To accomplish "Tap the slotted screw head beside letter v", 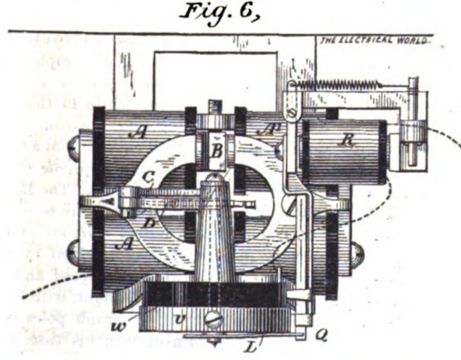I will click(215, 317).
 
